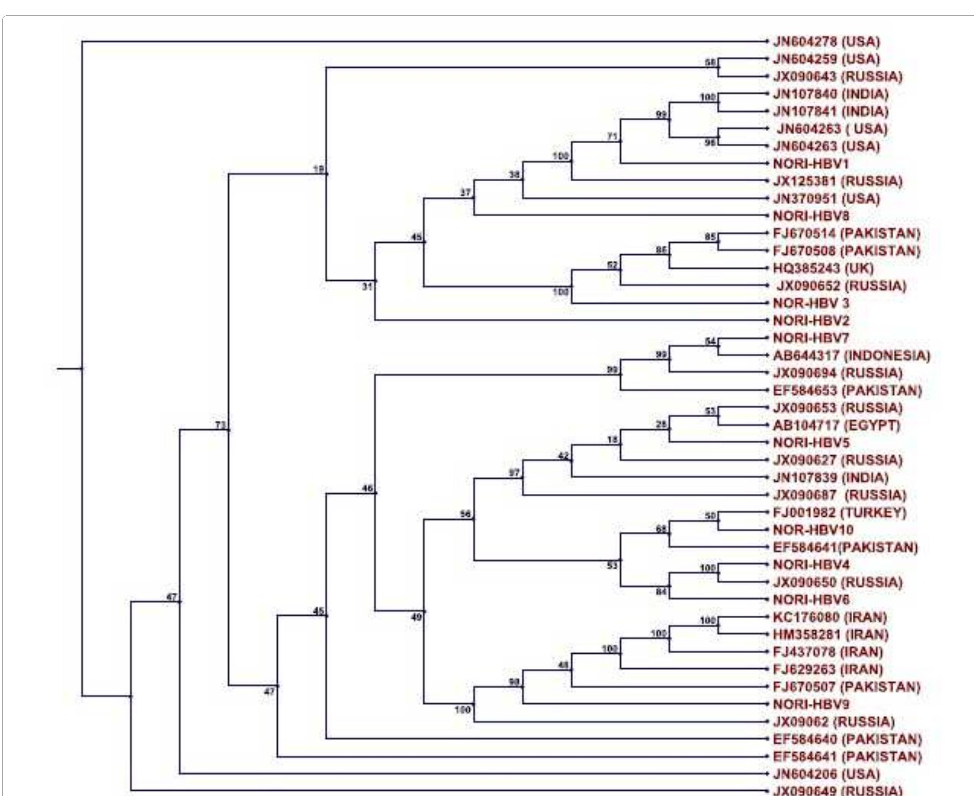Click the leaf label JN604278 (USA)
coord(826,42)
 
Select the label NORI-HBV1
coord(811,164)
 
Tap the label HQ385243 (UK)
coord(823,268)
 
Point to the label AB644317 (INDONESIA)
coord(852,355)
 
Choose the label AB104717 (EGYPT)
coord(837,425)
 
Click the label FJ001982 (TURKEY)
coord(840,512)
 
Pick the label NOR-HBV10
coord(813,530)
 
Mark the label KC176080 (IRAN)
coord(830,617)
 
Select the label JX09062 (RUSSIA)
coord(834,722)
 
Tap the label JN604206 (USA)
coord(826,774)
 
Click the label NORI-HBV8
coord(811,216)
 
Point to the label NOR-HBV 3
coord(811,303)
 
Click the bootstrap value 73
coord(221,425)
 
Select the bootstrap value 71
coord(613,136)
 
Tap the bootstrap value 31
coord(367,287)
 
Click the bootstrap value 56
coord(466,514)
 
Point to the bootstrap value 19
coord(318,169)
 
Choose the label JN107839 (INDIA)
coord(830,478)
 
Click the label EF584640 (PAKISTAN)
coord(847,739)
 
